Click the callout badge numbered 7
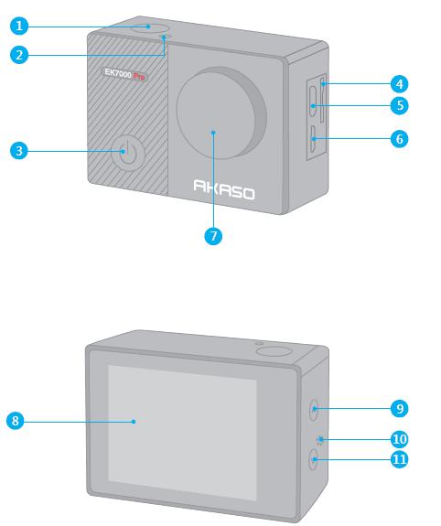212,235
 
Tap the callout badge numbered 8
15,421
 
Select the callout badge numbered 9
399,408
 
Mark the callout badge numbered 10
399,439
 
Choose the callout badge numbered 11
399,459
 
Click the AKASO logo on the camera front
223,190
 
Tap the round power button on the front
127,153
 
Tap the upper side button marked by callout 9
314,407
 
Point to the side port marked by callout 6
313,143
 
